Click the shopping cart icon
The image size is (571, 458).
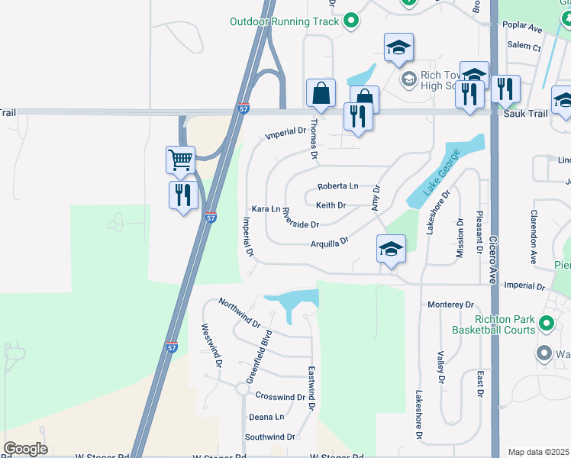click(181, 160)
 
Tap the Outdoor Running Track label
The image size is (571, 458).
click(284, 21)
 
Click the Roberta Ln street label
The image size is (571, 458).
click(337, 186)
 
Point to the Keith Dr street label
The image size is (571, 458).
click(331, 205)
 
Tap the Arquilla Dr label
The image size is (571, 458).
click(329, 242)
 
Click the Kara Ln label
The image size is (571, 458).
click(266, 209)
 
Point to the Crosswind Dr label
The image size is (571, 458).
click(280, 397)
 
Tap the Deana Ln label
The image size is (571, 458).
click(266, 418)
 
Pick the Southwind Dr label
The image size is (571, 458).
click(269, 437)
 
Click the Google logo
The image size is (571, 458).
click(25, 449)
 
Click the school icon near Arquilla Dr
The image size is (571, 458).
click(391, 249)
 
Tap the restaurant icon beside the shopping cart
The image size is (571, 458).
click(182, 195)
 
